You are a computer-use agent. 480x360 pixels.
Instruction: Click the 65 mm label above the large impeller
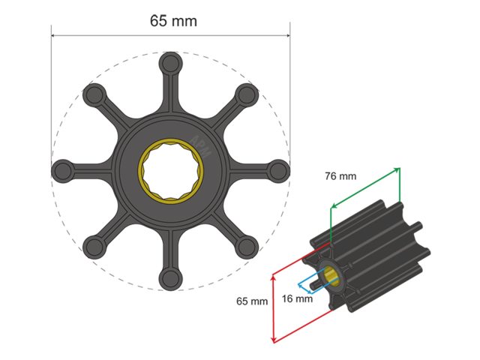[173, 20]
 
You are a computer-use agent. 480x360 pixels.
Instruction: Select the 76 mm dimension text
[340, 177]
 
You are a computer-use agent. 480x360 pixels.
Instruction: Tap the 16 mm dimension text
[298, 298]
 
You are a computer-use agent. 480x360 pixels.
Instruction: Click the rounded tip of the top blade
[170, 62]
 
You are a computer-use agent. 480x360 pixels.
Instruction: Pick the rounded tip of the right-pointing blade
[279, 170]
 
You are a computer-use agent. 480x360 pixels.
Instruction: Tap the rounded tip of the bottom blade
[170, 280]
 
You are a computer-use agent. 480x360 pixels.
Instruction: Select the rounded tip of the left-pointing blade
[61, 170]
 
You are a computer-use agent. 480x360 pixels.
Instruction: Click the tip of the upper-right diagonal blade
[247, 94]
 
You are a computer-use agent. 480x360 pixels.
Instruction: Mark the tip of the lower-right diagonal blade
[247, 247]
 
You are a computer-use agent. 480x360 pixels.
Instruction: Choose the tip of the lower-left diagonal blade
[94, 247]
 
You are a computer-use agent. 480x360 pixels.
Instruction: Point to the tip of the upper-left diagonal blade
[94, 94]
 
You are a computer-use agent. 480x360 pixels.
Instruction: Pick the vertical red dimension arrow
[273, 307]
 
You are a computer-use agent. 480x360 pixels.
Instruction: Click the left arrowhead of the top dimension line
[54, 34]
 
